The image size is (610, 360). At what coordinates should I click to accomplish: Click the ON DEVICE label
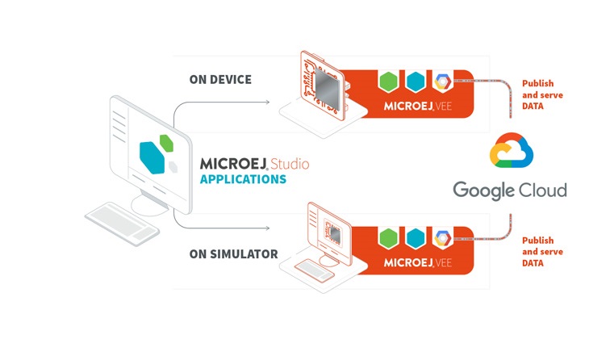pyautogui.click(x=220, y=79)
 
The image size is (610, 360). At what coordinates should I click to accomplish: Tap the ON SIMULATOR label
pyautogui.click(x=233, y=254)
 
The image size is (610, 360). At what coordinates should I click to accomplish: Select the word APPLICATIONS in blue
pyautogui.click(x=243, y=179)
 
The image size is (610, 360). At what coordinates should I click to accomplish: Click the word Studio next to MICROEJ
pyautogui.click(x=290, y=164)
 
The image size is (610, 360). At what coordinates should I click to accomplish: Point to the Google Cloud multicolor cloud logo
pyautogui.click(x=512, y=150)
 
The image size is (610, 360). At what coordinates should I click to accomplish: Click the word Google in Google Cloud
pyautogui.click(x=483, y=190)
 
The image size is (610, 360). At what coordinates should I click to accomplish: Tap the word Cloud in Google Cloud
pyautogui.click(x=543, y=190)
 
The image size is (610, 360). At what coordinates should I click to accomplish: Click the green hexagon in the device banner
pyautogui.click(x=388, y=82)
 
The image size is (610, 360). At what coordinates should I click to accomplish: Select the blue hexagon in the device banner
pyautogui.click(x=416, y=82)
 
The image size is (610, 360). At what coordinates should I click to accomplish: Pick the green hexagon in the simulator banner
pyautogui.click(x=388, y=238)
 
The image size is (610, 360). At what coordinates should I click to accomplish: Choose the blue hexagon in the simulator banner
pyautogui.click(x=416, y=238)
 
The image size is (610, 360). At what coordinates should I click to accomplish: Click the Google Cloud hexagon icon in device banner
pyautogui.click(x=443, y=82)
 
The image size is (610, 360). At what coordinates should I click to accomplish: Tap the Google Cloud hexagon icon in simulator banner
pyautogui.click(x=443, y=238)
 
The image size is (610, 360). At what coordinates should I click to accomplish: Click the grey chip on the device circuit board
pyautogui.click(x=327, y=90)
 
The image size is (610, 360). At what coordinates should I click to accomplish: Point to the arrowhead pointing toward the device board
pyautogui.click(x=267, y=103)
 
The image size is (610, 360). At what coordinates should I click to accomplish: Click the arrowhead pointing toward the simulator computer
pyautogui.click(x=267, y=228)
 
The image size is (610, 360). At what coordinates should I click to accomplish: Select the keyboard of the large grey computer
pyautogui.click(x=122, y=224)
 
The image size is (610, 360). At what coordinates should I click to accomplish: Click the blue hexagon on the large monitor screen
pyautogui.click(x=152, y=157)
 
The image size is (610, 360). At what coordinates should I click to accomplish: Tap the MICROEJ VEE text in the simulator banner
pyautogui.click(x=417, y=262)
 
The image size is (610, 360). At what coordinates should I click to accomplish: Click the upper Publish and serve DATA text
pyautogui.click(x=542, y=94)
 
